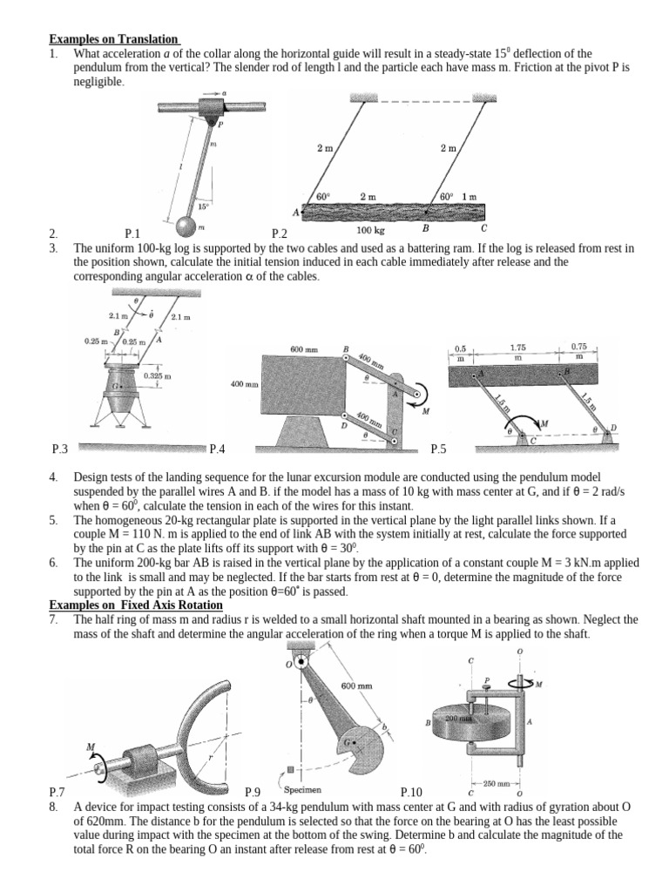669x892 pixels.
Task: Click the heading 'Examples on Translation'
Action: coord(114,39)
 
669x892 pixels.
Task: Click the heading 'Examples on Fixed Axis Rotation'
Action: coord(136,605)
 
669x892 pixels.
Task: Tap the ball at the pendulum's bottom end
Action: coord(186,226)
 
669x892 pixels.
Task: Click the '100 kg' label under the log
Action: coord(371,230)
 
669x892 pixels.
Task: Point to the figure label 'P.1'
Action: coord(132,233)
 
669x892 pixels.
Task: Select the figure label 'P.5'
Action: coord(438,449)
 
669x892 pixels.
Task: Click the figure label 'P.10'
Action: coord(411,792)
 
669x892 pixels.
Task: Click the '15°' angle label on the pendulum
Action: coord(203,206)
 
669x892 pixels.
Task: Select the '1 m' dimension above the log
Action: coord(469,197)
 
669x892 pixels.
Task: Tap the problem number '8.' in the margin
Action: coord(53,808)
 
